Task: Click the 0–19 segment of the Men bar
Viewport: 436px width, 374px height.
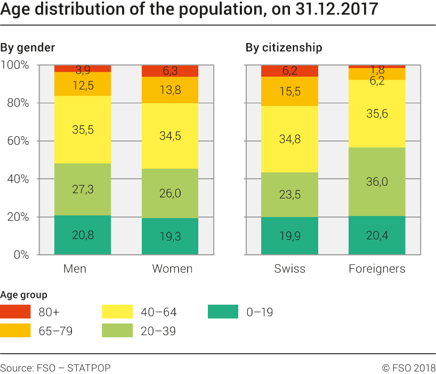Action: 83,235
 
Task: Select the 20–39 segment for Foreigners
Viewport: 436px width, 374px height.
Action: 377,181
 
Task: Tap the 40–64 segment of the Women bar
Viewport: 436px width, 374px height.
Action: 169,136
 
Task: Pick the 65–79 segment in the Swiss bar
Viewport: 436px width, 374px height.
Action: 290,91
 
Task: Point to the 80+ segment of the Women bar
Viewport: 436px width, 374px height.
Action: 169,71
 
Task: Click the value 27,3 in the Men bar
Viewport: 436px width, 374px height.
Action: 83,189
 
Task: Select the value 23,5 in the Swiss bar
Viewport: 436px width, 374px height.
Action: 290,194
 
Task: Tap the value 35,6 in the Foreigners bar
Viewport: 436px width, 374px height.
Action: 377,113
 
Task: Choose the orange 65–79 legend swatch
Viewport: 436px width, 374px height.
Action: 15,330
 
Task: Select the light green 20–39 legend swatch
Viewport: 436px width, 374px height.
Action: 117,330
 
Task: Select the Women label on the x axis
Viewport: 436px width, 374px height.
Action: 172,269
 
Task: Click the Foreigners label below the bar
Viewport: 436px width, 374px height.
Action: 377,269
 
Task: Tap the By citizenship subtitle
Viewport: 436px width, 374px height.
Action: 284,48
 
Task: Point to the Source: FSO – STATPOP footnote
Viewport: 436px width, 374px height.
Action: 55,368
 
